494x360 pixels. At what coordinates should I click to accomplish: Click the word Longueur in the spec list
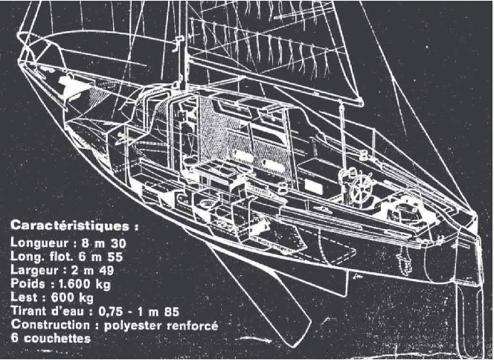click(x=40, y=242)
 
